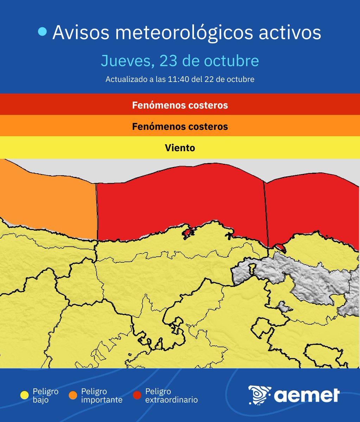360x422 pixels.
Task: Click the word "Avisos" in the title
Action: pyautogui.click(x=81, y=33)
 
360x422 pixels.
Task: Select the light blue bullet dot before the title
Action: pyautogui.click(x=42, y=32)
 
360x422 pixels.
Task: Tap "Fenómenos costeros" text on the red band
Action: pyautogui.click(x=180, y=105)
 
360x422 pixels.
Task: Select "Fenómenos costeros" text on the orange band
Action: pyautogui.click(x=180, y=127)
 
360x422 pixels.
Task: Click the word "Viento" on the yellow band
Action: pyautogui.click(x=180, y=148)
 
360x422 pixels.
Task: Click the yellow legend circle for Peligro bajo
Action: pyautogui.click(x=25, y=395)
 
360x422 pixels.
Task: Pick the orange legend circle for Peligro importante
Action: pyautogui.click(x=73, y=395)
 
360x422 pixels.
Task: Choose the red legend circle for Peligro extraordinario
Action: pyautogui.click(x=137, y=395)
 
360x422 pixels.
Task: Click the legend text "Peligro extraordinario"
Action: pyautogui.click(x=171, y=396)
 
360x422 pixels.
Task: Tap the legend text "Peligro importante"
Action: pyautogui.click(x=102, y=396)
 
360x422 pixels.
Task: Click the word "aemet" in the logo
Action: pyautogui.click(x=306, y=395)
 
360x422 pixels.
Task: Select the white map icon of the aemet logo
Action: pyautogui.click(x=259, y=395)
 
